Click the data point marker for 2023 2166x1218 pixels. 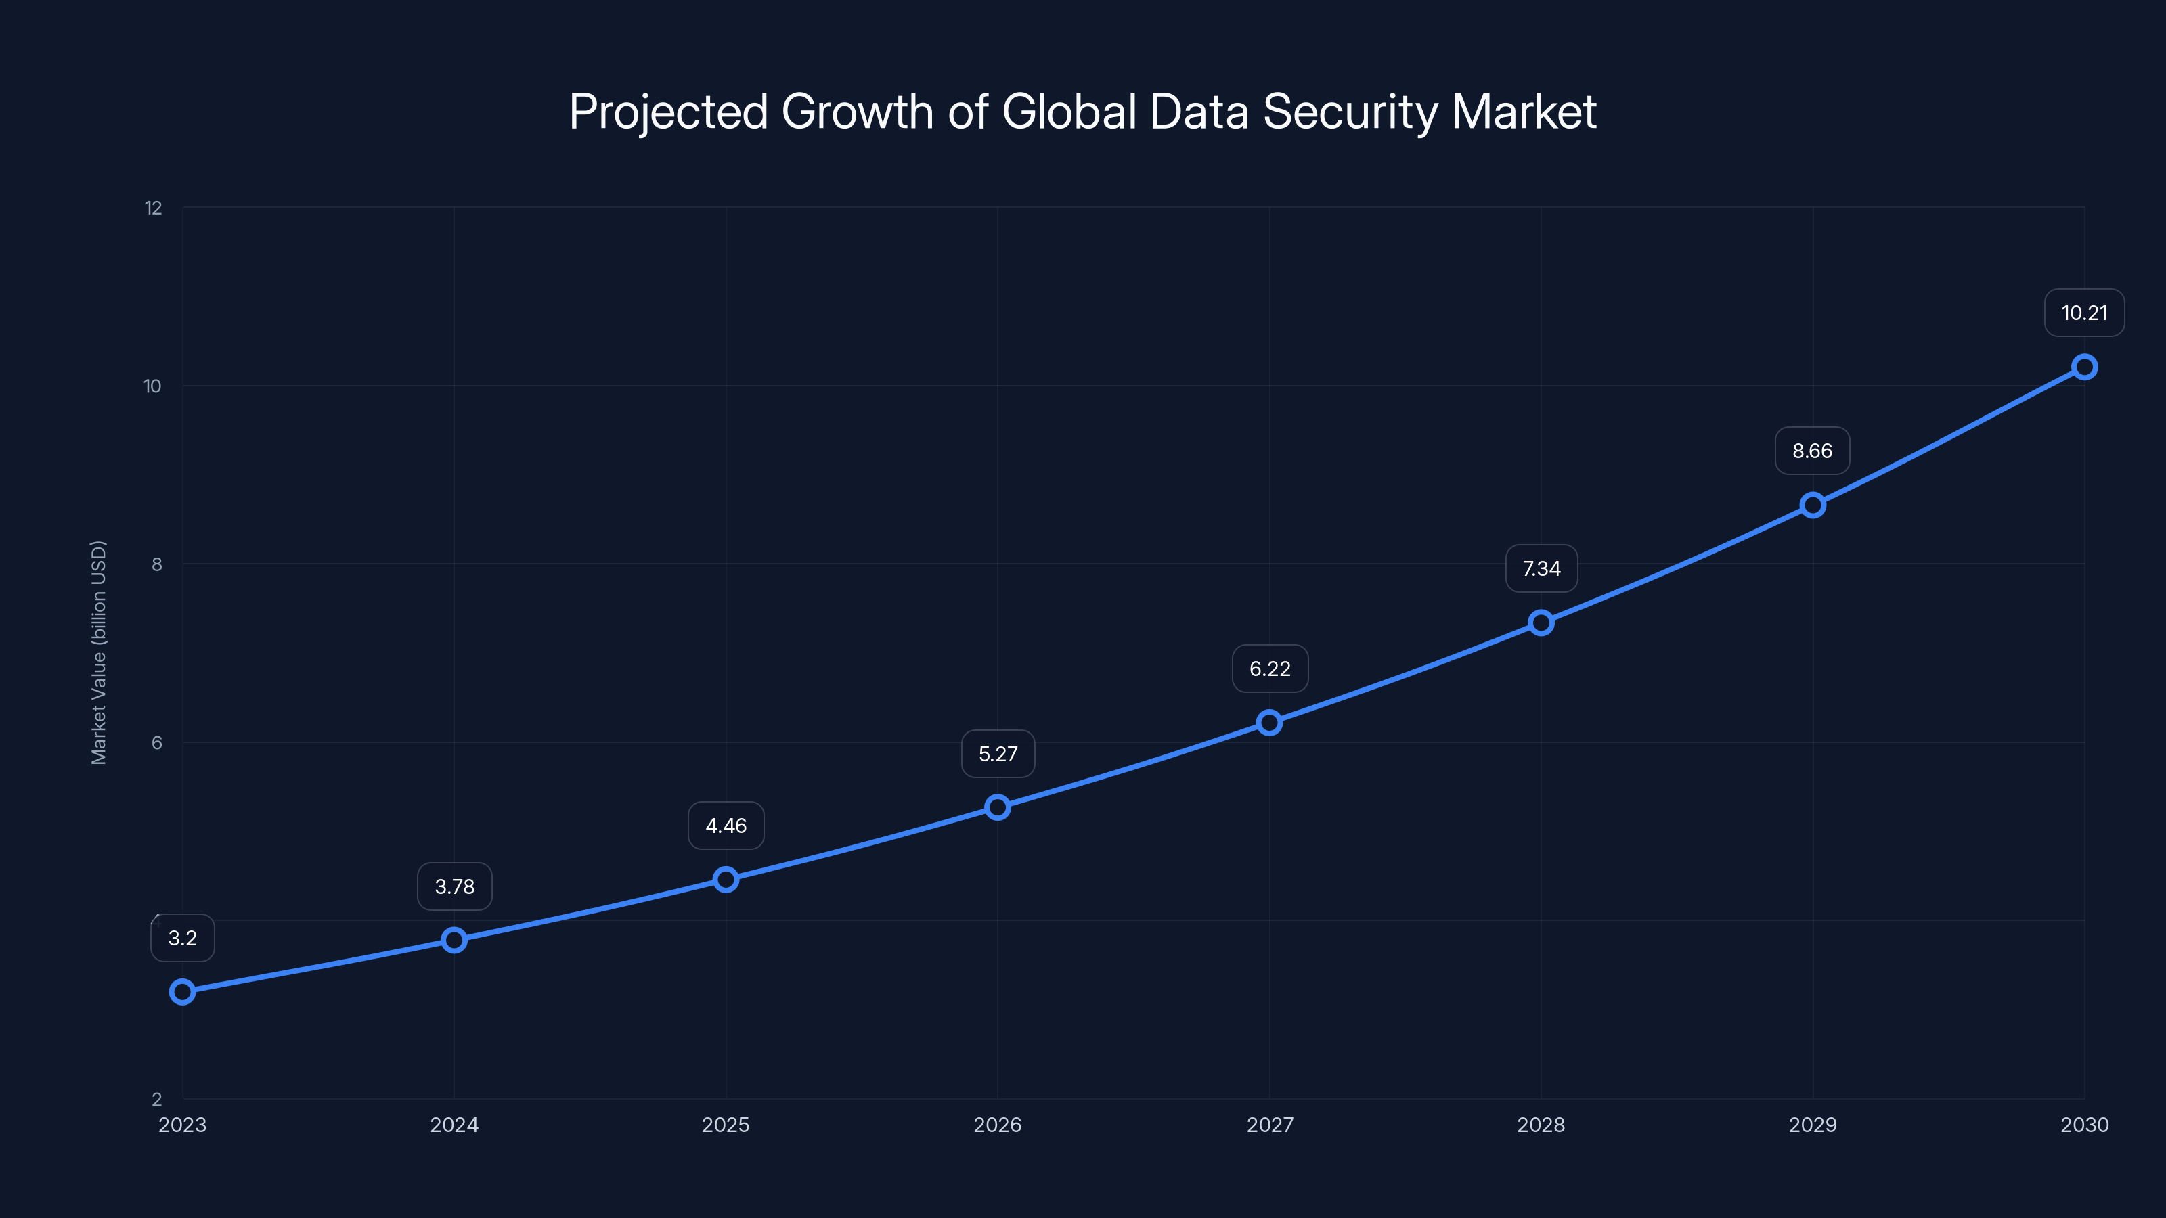[183, 992]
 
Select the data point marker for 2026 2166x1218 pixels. [997, 807]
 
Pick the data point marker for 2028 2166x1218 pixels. [1541, 623]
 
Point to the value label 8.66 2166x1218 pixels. [1812, 451]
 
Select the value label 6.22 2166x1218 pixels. [1270, 669]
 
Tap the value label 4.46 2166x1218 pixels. [726, 826]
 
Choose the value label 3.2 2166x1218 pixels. [183, 938]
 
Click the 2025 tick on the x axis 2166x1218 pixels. [726, 1125]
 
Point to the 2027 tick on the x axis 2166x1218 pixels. [1270, 1125]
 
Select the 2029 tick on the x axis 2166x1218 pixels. [1812, 1125]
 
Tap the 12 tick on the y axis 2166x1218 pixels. [153, 208]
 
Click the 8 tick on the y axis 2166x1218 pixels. [156, 565]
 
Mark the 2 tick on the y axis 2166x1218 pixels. [156, 1100]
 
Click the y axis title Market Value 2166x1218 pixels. [98, 652]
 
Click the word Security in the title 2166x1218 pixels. [1350, 112]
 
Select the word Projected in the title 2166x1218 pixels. [669, 112]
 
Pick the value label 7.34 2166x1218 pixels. [1541, 568]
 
